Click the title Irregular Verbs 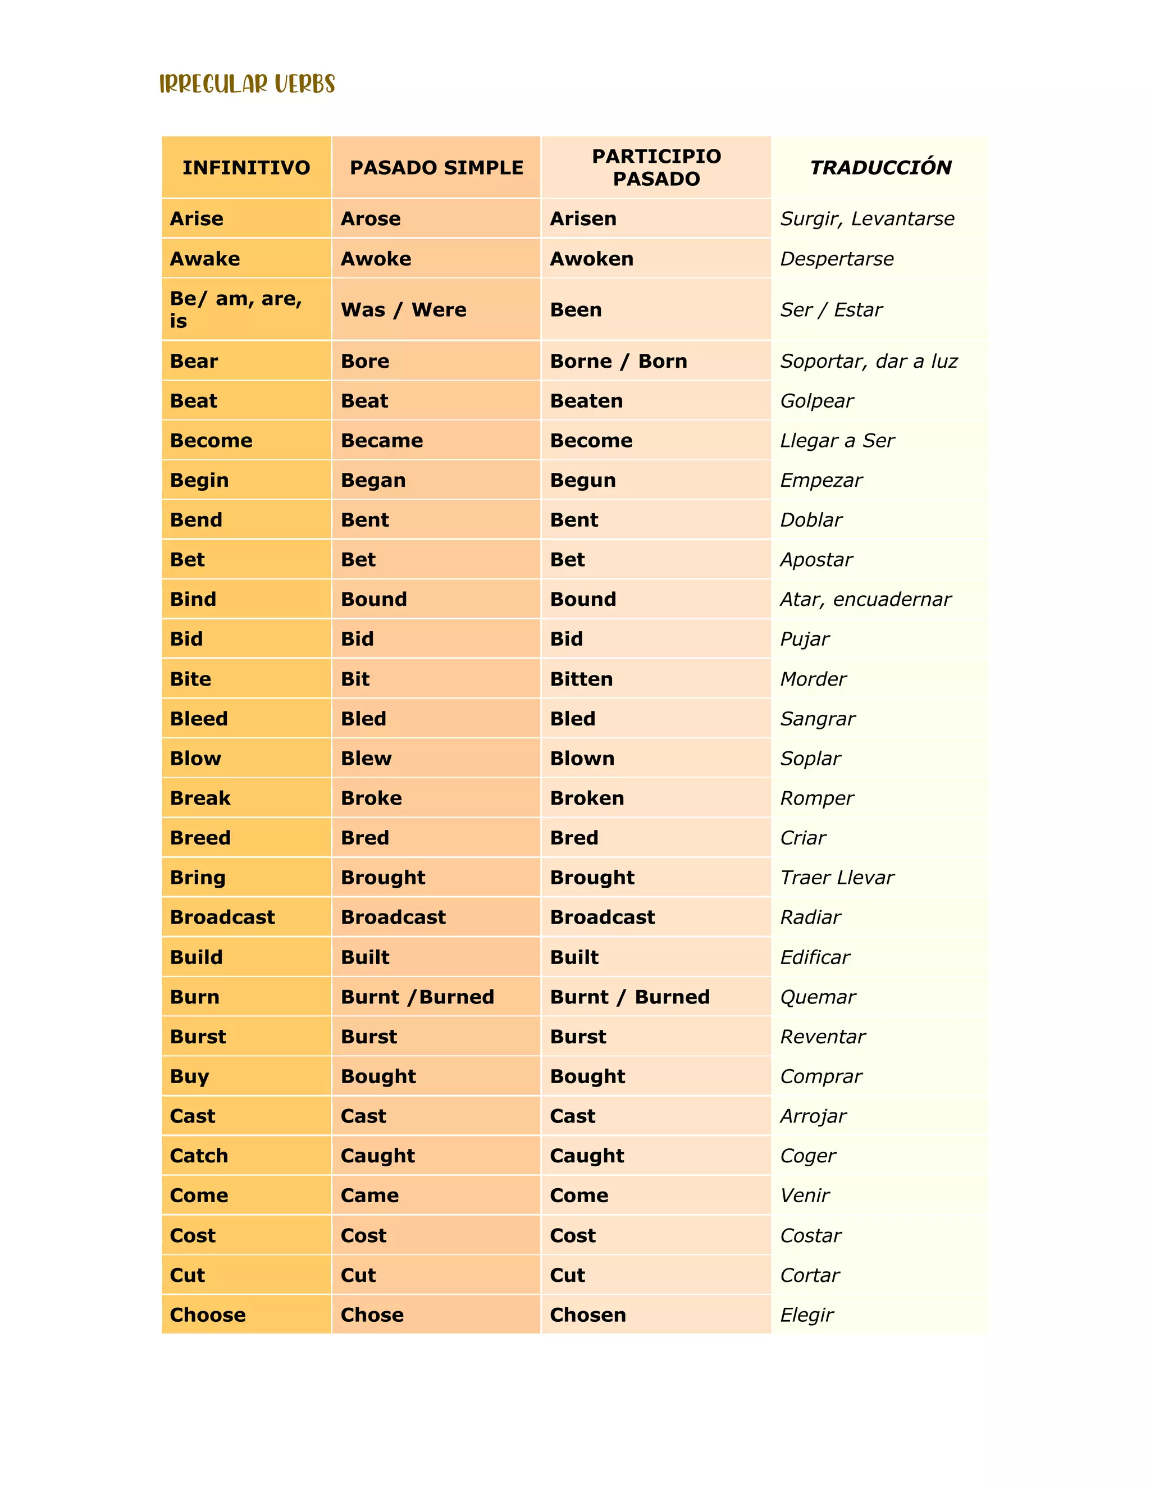[247, 84]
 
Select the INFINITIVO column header [246, 167]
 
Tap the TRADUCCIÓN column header [880, 167]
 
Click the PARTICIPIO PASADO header [656, 167]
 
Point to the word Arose [371, 218]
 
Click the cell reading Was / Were [403, 310]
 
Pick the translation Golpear [816, 400]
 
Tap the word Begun [582, 480]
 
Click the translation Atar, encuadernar [865, 600]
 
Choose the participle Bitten [581, 679]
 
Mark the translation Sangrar [818, 719]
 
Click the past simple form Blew [366, 758]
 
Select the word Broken [587, 798]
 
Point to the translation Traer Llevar [837, 878]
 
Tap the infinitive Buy [189, 1076]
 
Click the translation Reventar [822, 1037]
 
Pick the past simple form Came [369, 1195]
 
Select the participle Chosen [587, 1315]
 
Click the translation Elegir [807, 1315]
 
